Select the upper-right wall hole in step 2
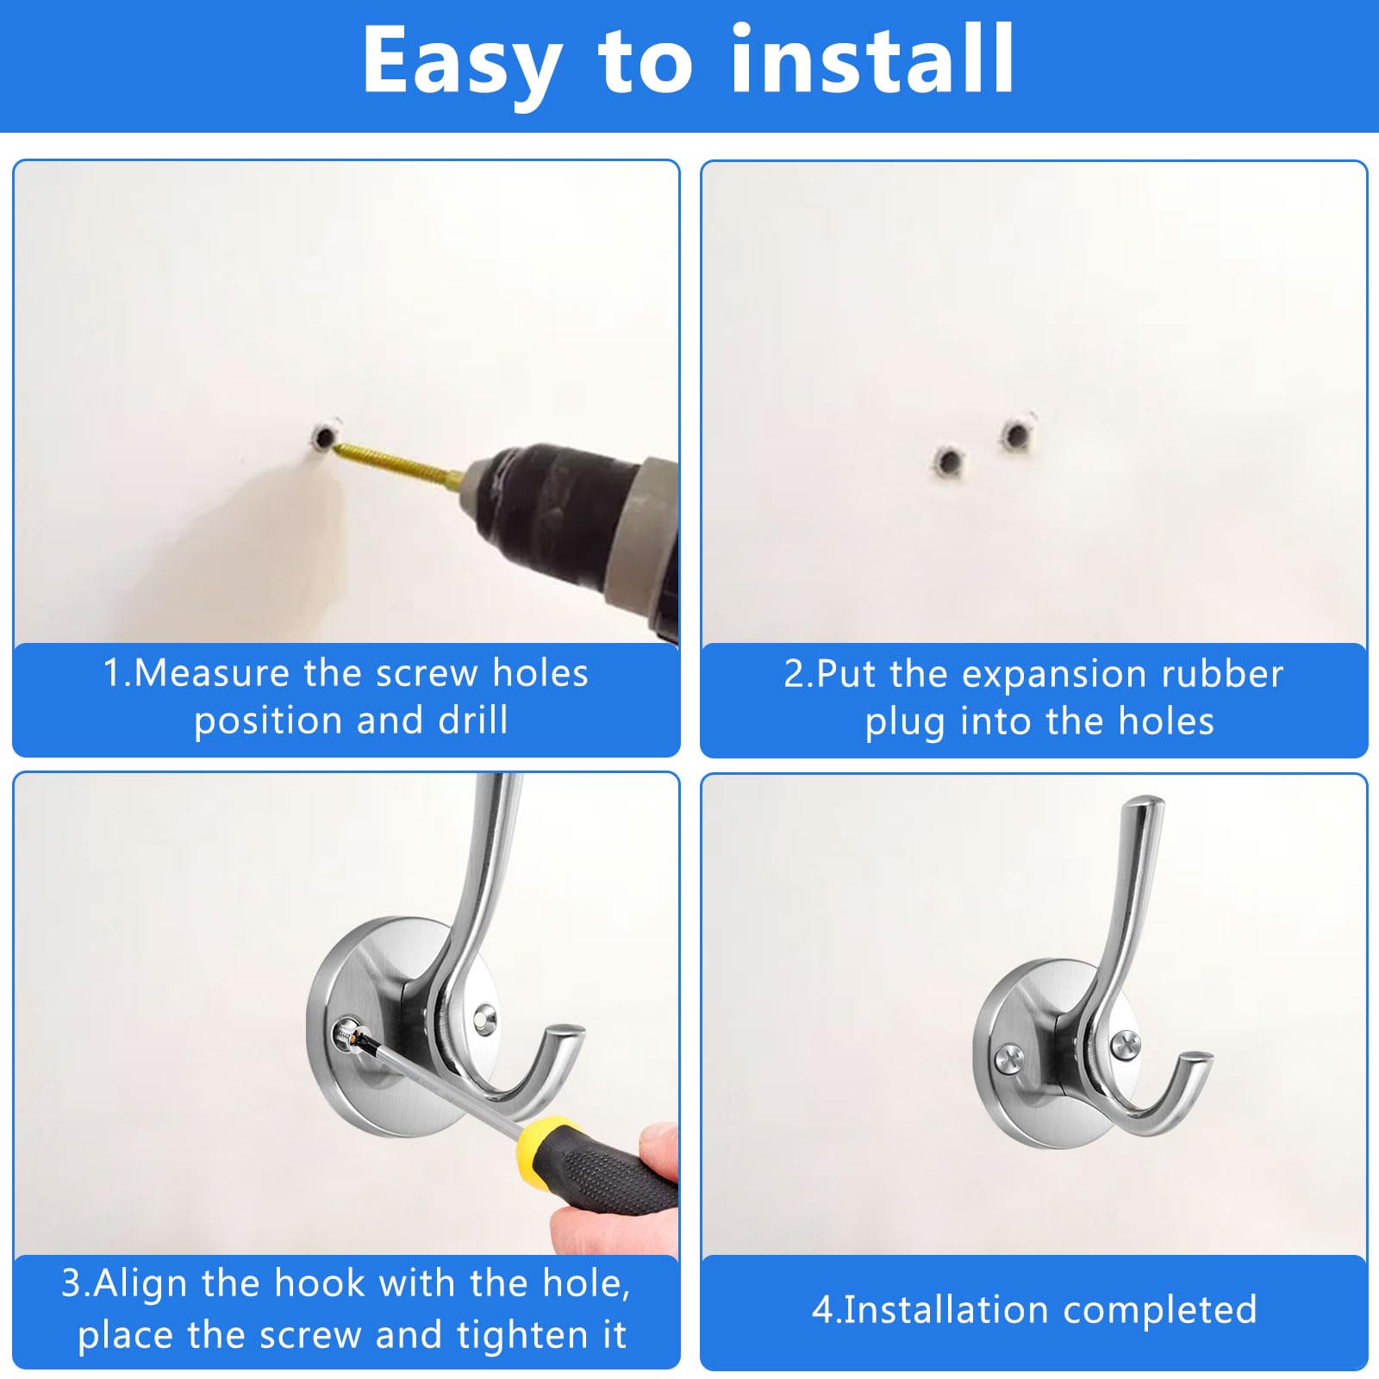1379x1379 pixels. coord(1016,435)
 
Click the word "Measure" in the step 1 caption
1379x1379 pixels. coord(211,673)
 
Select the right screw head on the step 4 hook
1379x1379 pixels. coord(1126,1046)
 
